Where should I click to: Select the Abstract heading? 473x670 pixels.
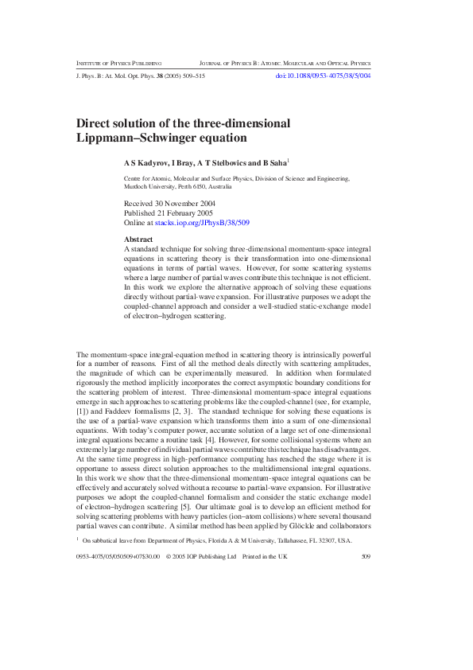point(139,240)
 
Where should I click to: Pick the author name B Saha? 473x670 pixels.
point(273,162)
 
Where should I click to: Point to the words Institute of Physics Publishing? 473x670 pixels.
point(119,62)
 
